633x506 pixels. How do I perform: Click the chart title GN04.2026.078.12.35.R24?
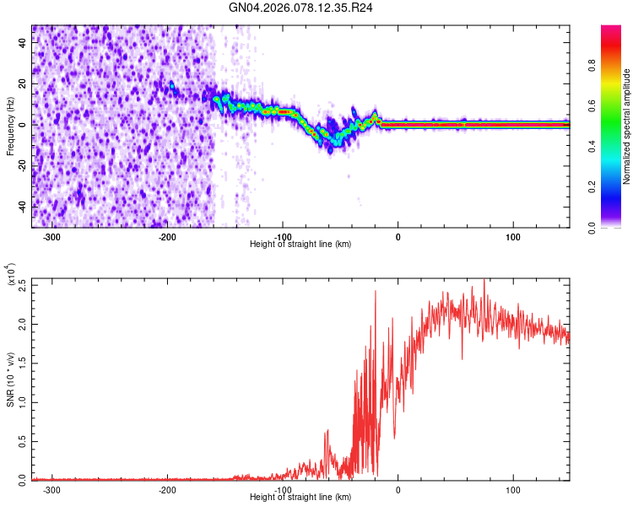tap(301, 8)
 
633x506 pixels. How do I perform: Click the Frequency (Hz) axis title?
tap(11, 126)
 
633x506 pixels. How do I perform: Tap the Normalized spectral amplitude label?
tap(627, 126)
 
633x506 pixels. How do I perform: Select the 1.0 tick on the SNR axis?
tap(21, 402)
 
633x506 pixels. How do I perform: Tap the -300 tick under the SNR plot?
tap(51, 489)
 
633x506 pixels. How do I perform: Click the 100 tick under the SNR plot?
tap(512, 489)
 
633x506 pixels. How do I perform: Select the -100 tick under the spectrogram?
tap(283, 236)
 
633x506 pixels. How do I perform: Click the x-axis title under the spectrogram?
tap(300, 245)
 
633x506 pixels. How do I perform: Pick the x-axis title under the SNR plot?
tap(300, 498)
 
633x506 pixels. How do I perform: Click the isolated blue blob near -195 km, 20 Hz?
tap(172, 86)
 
